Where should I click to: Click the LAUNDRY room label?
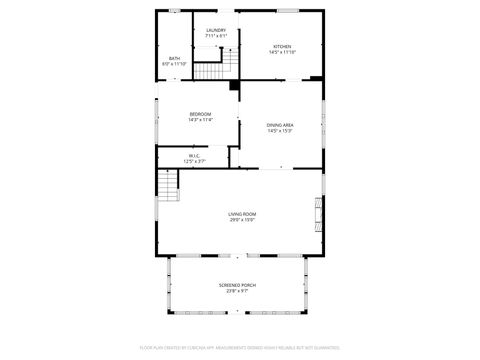click(x=216, y=30)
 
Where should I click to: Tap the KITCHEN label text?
click(x=283, y=47)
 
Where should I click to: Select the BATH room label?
click(x=174, y=58)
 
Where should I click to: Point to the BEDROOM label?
click(x=200, y=114)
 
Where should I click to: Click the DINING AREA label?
click(x=279, y=124)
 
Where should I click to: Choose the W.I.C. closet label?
click(x=194, y=155)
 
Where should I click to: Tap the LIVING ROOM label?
click(x=242, y=214)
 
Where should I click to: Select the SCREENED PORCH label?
click(x=237, y=285)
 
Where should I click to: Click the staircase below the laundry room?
click(x=211, y=70)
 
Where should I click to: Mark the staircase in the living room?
click(x=167, y=184)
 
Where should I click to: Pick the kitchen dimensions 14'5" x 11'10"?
click(x=283, y=53)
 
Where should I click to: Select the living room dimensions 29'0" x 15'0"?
click(x=242, y=220)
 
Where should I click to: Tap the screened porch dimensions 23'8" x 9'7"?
click(x=237, y=291)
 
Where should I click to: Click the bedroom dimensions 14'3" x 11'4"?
click(x=200, y=120)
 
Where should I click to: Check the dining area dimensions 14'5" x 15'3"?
click(x=279, y=130)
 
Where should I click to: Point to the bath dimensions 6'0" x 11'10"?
click(x=174, y=64)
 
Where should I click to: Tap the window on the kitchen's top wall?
click(x=290, y=11)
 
